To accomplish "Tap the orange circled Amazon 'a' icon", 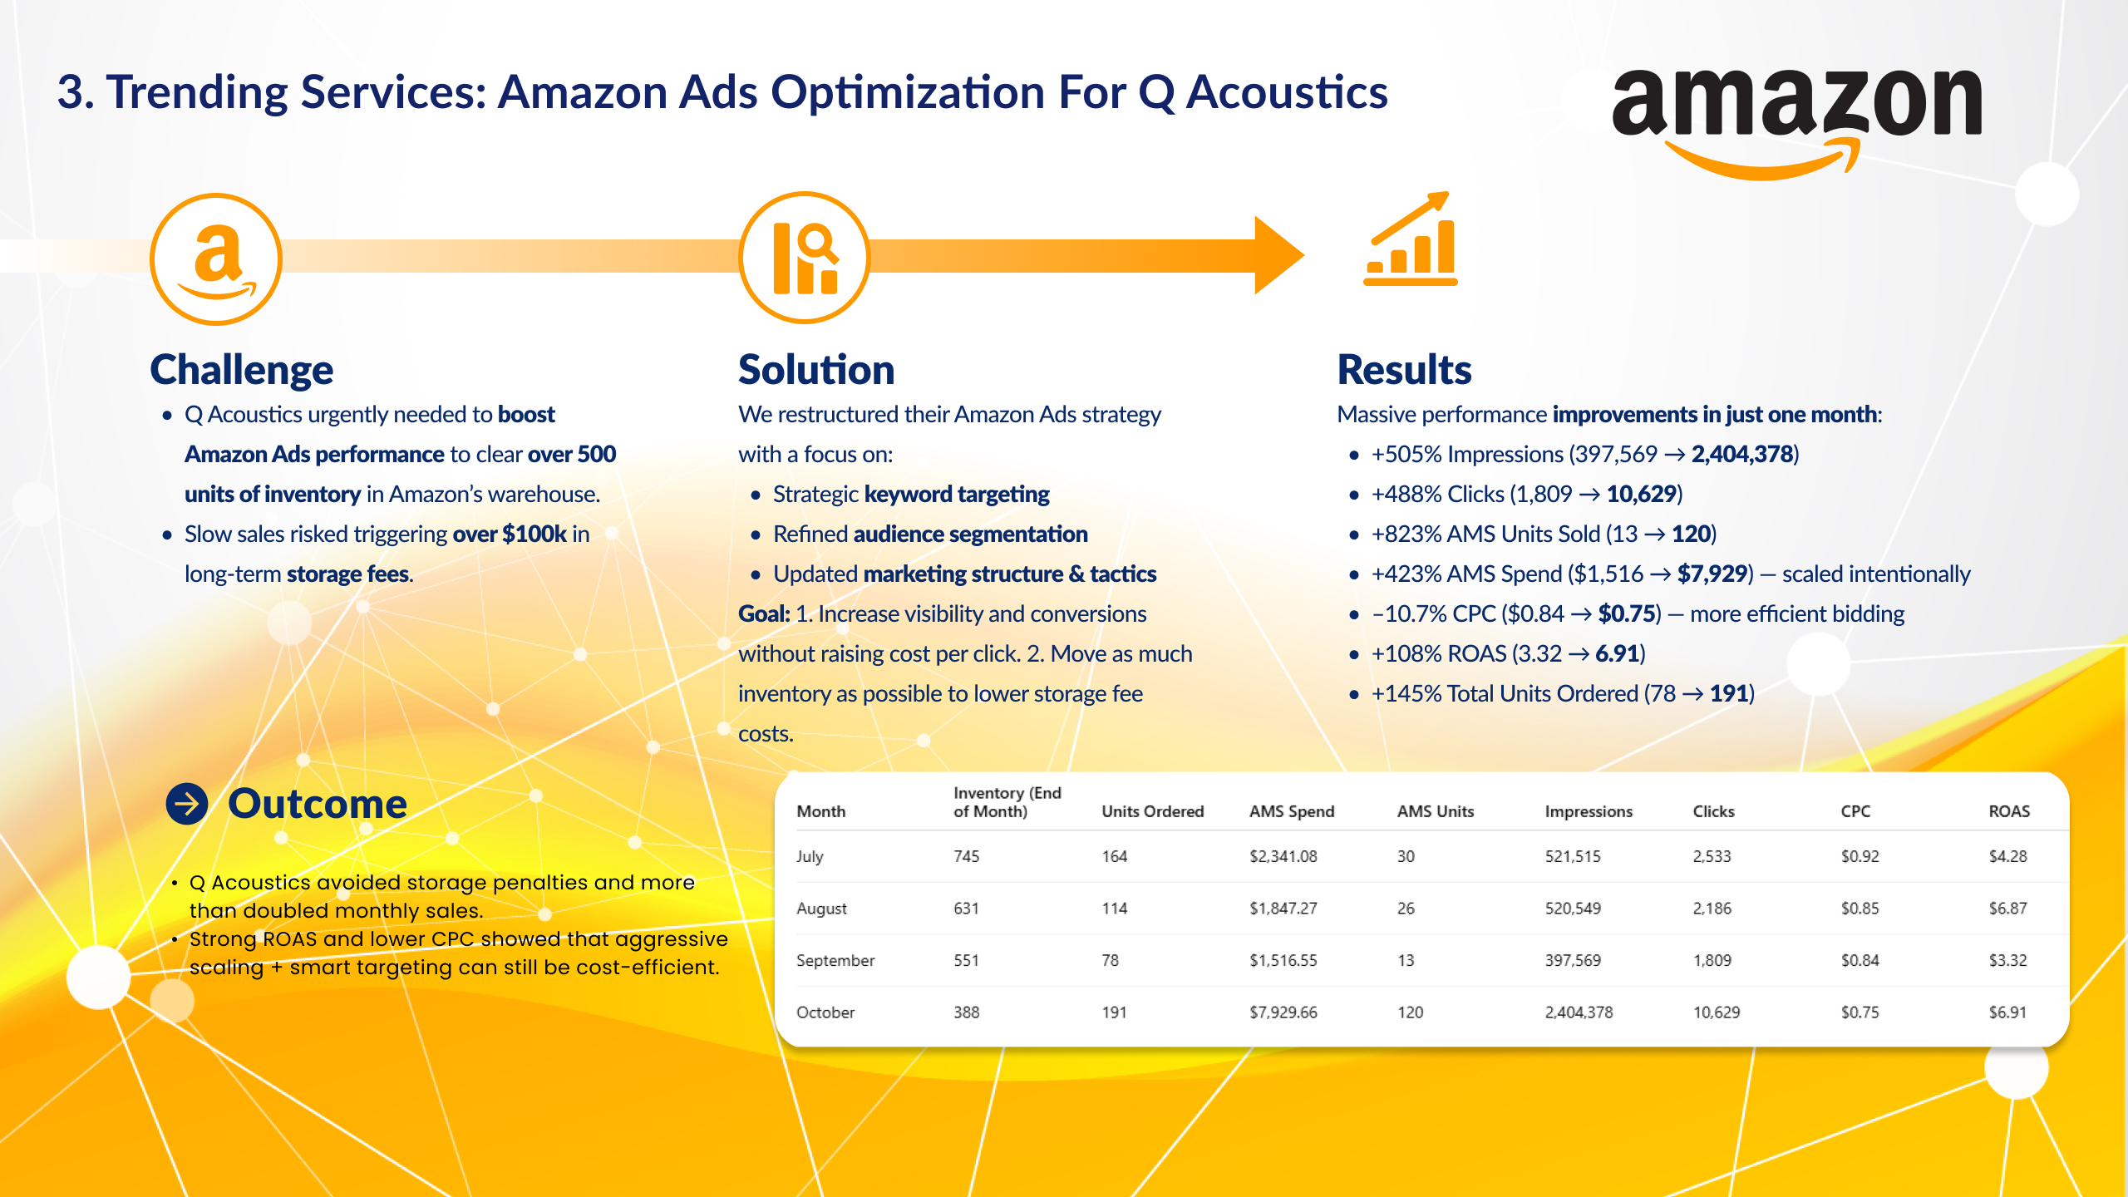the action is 216,259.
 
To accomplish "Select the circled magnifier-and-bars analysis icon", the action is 805,258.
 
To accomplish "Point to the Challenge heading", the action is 242,370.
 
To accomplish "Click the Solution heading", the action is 816,370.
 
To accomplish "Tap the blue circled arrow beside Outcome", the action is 187,804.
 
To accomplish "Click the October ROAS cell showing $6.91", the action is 2007,1012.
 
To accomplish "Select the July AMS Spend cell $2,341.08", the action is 1283,856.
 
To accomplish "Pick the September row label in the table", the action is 835,960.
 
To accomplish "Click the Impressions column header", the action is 1589,811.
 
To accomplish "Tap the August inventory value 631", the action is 966,909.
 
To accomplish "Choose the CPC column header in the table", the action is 1855,811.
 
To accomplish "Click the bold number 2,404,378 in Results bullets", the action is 1742,454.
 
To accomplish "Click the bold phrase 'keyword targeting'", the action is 957,495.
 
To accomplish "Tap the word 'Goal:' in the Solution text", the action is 764,613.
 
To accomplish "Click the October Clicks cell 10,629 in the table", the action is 1717,1012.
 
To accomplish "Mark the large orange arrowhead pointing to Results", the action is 1278,255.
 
